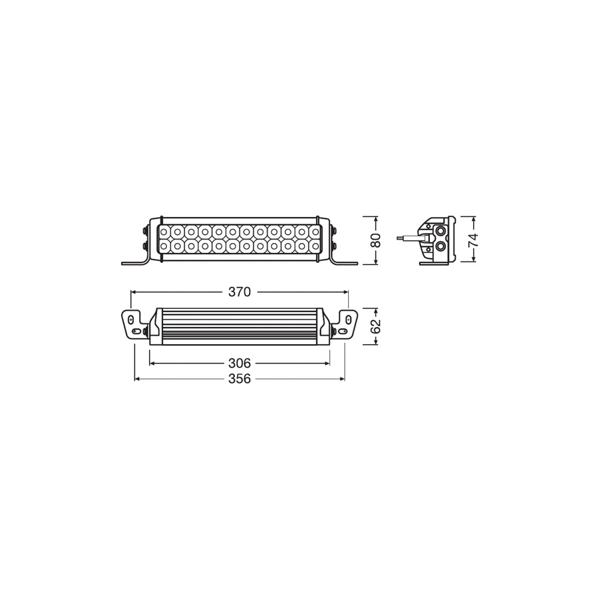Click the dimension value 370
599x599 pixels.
(x=240, y=292)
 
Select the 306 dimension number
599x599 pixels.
(x=239, y=363)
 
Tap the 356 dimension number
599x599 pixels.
(x=239, y=379)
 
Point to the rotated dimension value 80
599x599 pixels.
(x=375, y=240)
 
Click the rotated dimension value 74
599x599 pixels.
(x=473, y=239)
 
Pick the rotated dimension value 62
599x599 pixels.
(x=375, y=326)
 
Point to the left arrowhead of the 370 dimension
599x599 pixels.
(x=133, y=292)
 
